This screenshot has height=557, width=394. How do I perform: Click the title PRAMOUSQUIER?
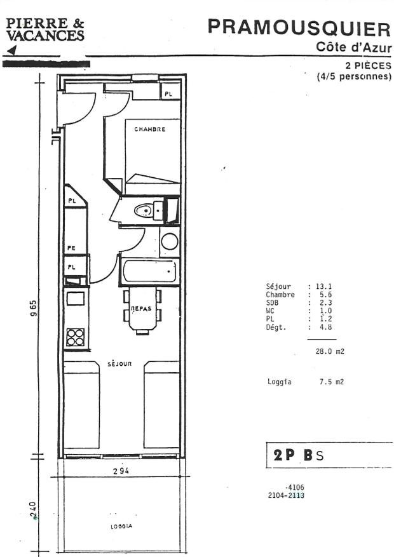pyautogui.click(x=299, y=28)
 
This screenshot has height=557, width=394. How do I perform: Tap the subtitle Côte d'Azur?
pyautogui.click(x=353, y=47)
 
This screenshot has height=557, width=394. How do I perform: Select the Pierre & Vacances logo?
pyautogui.click(x=44, y=30)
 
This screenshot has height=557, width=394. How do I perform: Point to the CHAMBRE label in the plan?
pyautogui.click(x=149, y=130)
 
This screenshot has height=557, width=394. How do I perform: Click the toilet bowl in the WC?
pyautogui.click(x=144, y=210)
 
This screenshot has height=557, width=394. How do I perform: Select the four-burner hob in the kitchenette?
pyautogui.click(x=76, y=337)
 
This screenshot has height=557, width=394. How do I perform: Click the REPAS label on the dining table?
pyautogui.click(x=140, y=309)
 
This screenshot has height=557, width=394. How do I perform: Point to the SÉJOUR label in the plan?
pyautogui.click(x=119, y=364)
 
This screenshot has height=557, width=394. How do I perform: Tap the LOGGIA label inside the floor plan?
pyautogui.click(x=120, y=527)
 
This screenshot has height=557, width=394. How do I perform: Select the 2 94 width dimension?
pyautogui.click(x=121, y=471)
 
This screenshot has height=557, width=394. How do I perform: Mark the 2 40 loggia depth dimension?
pyautogui.click(x=33, y=509)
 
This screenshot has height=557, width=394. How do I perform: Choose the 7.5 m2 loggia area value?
pyautogui.click(x=331, y=382)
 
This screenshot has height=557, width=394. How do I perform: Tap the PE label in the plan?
pyautogui.click(x=71, y=248)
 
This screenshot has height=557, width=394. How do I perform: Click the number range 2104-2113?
pyautogui.click(x=286, y=496)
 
